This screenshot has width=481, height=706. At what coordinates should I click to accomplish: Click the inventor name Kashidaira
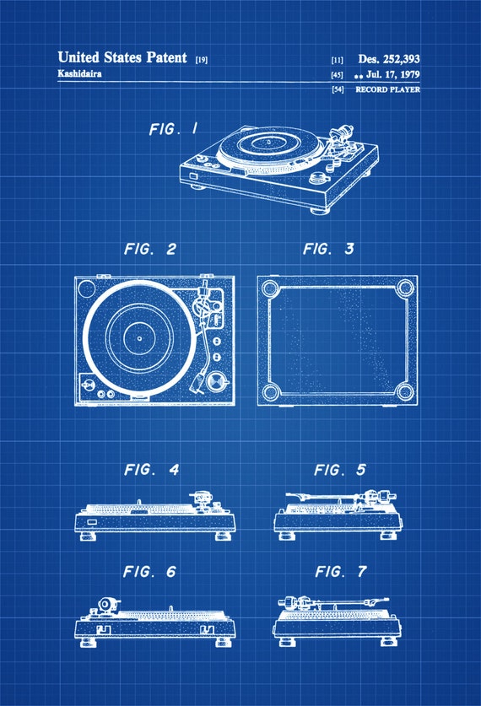79,73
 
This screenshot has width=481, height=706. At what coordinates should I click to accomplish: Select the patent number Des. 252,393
389,58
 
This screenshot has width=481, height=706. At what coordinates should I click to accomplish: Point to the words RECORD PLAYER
388,89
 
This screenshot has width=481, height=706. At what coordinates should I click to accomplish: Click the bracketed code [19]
202,59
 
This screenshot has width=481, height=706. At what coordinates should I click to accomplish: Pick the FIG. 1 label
173,129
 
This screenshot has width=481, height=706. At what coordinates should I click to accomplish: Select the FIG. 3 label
329,249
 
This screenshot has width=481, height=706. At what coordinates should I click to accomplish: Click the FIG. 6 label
149,572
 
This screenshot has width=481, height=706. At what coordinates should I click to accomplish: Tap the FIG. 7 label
341,572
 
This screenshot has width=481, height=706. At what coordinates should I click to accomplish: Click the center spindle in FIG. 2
139,338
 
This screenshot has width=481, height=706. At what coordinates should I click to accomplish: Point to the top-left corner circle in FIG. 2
86,288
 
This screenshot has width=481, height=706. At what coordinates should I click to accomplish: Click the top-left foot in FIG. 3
270,288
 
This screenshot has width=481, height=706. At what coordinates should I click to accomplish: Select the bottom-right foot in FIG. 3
405,392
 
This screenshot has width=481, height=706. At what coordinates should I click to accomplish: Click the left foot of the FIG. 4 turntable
88,536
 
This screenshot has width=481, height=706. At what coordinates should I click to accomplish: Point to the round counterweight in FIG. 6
105,604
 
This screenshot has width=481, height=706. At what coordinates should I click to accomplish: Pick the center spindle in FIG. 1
269,142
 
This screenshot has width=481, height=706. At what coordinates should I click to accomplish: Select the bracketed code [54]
338,89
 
